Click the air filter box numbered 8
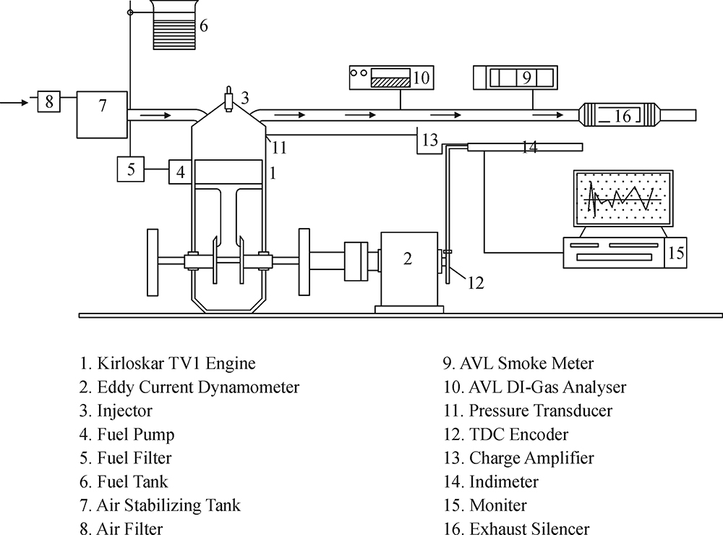49,101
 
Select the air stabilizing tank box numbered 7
102,114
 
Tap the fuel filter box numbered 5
130,169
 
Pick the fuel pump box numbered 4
180,172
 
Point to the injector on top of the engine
228,99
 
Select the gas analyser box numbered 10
391,77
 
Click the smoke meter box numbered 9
515,77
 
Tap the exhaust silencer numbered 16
619,115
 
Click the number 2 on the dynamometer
407,258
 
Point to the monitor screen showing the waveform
623,198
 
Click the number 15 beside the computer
675,253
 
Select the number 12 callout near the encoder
476,282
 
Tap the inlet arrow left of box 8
14,102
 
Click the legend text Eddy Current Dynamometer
198,387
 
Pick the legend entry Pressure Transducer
540,410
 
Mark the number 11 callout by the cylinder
279,148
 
